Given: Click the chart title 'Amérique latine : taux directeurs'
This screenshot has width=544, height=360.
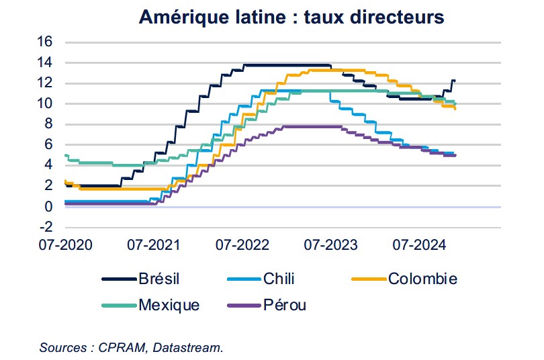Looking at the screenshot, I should (291, 17).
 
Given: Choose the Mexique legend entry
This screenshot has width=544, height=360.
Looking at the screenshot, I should (169, 305).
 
